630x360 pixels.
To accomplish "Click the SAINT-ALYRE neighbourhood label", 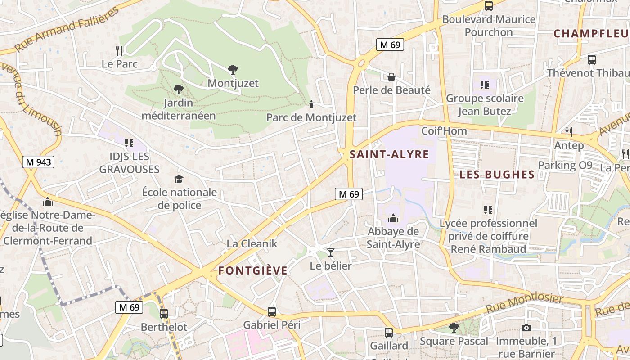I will click(389, 154).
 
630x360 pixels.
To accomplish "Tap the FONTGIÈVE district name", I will click(253, 270).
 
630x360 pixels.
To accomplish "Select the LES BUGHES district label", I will click(497, 175).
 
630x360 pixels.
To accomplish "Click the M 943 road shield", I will click(38, 162).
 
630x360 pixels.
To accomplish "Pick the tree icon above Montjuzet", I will click(233, 70).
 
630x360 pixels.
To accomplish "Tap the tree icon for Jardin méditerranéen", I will click(179, 89).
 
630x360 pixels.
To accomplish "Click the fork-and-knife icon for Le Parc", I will click(119, 50).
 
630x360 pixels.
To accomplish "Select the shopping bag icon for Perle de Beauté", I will click(391, 77).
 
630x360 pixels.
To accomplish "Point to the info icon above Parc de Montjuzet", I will click(311, 105).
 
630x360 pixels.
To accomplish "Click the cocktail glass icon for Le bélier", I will click(331, 252).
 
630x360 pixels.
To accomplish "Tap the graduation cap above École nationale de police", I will click(179, 180).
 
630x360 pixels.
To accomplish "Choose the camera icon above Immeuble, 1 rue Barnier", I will click(526, 328).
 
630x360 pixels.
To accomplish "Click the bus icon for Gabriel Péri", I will click(272, 311).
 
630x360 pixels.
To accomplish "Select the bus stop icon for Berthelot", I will click(164, 314).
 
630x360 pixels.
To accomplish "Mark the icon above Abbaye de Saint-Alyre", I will click(393, 218).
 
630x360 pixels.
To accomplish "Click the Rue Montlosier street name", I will click(525, 304).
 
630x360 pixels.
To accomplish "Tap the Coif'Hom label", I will click(444, 131).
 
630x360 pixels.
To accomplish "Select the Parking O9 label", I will click(565, 165).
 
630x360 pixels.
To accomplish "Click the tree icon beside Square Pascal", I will click(454, 327).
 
